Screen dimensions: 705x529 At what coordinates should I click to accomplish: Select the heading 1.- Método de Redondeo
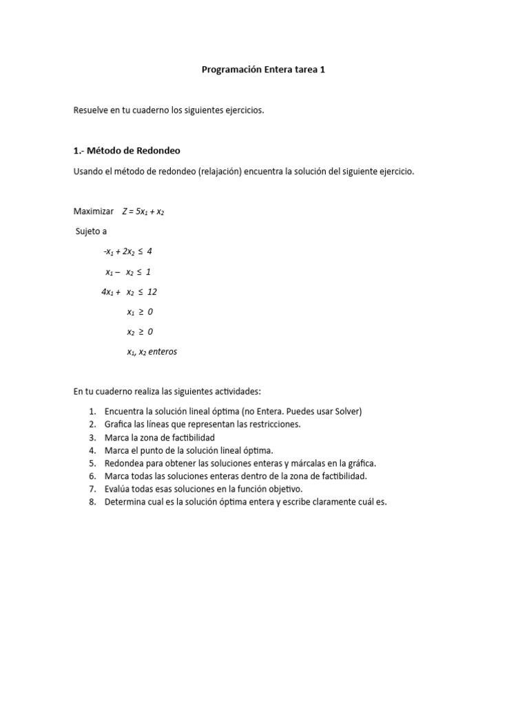click(127, 151)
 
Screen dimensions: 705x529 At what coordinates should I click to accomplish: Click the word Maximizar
click(93, 211)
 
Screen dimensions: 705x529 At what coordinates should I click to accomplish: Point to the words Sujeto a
click(91, 231)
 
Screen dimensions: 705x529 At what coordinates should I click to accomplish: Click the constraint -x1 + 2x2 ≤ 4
click(127, 251)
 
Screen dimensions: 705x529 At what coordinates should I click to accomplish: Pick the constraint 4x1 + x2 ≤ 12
click(129, 292)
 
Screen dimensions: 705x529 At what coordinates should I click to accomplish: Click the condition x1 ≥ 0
click(140, 312)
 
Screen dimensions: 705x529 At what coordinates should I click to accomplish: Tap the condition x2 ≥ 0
click(140, 332)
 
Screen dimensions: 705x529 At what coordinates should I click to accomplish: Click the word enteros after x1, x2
click(163, 352)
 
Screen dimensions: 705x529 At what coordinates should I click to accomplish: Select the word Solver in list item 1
click(345, 411)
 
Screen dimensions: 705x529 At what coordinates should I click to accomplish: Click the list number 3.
click(92, 437)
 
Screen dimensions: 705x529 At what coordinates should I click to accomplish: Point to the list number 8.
click(92, 502)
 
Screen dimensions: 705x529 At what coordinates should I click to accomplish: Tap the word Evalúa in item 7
click(118, 489)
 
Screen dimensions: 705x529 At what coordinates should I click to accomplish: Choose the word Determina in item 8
click(125, 502)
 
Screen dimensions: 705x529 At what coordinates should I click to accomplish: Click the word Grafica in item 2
click(119, 424)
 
